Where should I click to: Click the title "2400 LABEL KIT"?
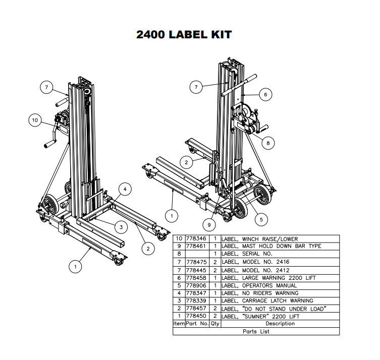tap(184, 35)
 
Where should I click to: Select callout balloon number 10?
tap(35, 121)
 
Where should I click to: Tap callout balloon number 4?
tap(126, 189)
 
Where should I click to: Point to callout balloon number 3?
tap(120, 227)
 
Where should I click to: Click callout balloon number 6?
tap(265, 94)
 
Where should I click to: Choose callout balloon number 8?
tap(268, 143)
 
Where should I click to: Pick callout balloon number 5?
tap(261, 219)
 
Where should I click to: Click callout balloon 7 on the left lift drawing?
tap(46, 88)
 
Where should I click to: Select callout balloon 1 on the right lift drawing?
tap(172, 216)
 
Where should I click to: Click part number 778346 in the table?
tap(197, 238)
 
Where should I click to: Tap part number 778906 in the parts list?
tap(197, 285)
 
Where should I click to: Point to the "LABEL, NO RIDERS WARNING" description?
tap(259, 293)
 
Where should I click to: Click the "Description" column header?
tap(280, 324)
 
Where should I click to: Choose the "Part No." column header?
tap(197, 324)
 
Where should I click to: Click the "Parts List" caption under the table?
tap(256, 331)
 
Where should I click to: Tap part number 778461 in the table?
tap(197, 247)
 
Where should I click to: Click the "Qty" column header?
tap(214, 324)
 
